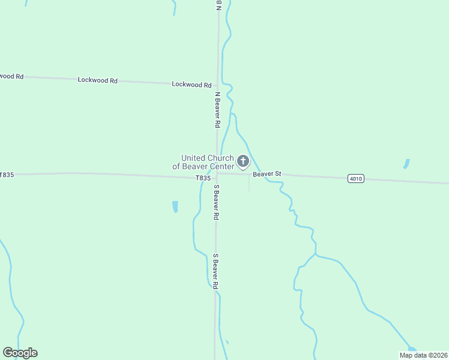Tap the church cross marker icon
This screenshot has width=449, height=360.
tap(243, 161)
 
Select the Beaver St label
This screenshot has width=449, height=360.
tap(267, 174)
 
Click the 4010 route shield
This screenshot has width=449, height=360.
tap(355, 178)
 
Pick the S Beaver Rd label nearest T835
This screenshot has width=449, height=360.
tap(216, 202)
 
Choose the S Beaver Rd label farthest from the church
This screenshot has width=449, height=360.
tap(216, 272)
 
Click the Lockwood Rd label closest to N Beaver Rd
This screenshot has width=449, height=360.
tap(191, 85)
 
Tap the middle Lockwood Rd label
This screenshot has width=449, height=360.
tap(97, 80)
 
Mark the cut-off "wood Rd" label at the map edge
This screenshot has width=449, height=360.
tap(11, 76)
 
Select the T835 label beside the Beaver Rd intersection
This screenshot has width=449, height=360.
tap(203, 178)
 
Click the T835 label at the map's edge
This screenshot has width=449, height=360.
tap(7, 175)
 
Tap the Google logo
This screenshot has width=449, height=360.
tap(20, 353)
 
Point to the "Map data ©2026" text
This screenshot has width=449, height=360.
tap(423, 355)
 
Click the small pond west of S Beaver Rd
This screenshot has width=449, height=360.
tap(175, 207)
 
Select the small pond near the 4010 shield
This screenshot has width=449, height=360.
tap(406, 163)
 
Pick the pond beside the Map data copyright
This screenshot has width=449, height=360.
tap(411, 349)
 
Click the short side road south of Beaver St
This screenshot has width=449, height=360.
tap(249, 184)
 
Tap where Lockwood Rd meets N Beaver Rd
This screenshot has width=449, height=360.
tap(217, 85)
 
